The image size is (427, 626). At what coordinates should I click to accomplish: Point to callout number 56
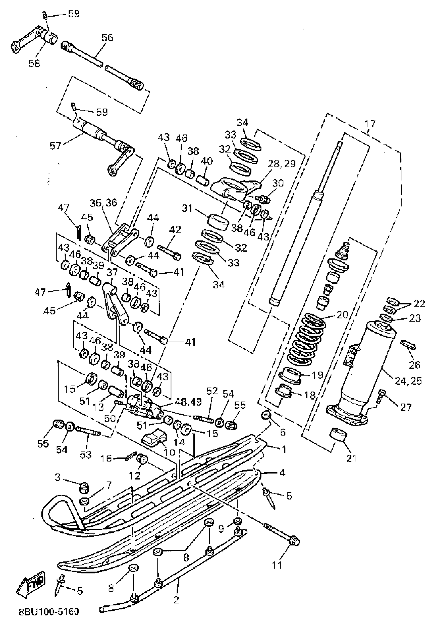[x=107, y=38]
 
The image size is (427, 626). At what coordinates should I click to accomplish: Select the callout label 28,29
[x=282, y=164]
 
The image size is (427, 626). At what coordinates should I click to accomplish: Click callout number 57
[x=55, y=146]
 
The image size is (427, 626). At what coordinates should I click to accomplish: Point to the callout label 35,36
[x=103, y=203]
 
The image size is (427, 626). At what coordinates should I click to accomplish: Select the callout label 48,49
[x=188, y=402]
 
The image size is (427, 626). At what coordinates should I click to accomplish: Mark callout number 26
[x=414, y=365]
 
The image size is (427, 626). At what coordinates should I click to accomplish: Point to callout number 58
[x=34, y=63]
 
